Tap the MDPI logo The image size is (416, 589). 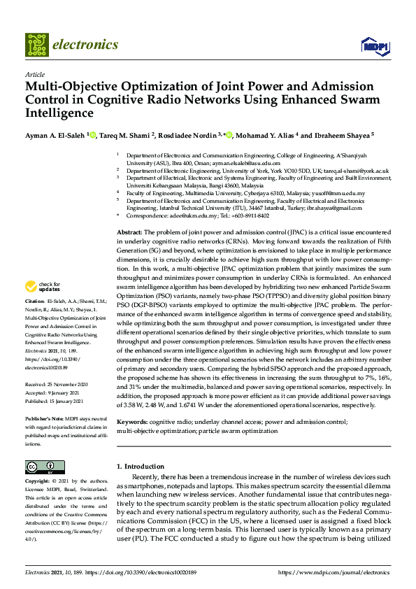(374, 46)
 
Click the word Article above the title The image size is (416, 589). (34, 73)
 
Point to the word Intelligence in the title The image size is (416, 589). (62, 112)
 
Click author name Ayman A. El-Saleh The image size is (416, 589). (55, 135)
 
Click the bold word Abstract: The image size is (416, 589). (129, 231)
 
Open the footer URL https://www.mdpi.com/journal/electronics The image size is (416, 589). (333, 573)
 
